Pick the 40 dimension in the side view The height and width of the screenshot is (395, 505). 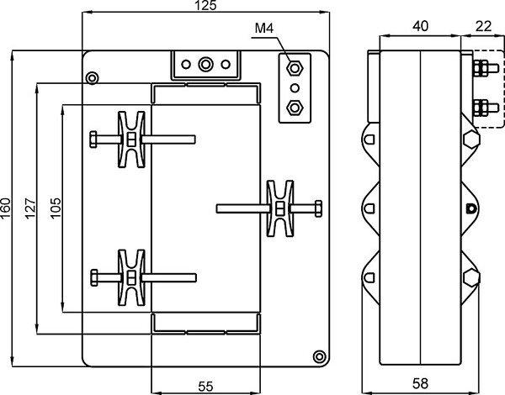pyautogui.click(x=421, y=26)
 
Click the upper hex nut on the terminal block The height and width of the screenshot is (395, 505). pyautogui.click(x=295, y=67)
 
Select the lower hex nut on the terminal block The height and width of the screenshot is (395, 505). pyautogui.click(x=295, y=107)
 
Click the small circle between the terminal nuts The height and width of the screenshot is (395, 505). pyautogui.click(x=295, y=87)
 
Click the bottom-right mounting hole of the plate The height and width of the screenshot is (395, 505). pyautogui.click(x=317, y=355)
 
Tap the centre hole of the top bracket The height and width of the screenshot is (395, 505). pyautogui.click(x=205, y=63)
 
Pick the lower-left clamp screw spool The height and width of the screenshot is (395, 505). pyautogui.click(x=132, y=276)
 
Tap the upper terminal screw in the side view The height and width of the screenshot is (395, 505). pyautogui.click(x=481, y=66)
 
